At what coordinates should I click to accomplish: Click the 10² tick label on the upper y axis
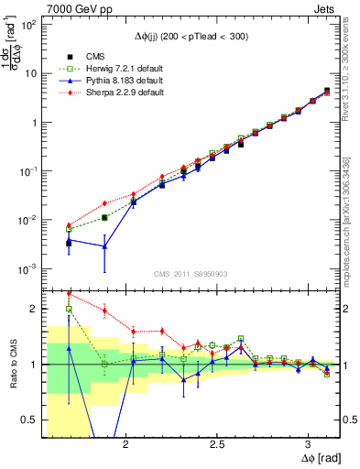click(27, 25)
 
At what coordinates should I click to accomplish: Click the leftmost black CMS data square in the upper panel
click(69, 243)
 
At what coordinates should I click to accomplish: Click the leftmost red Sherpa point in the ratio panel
click(69, 294)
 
